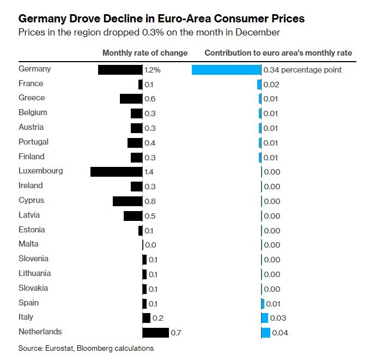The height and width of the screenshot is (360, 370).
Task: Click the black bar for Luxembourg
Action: pos(116,171)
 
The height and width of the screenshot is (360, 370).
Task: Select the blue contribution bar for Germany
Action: pos(227,70)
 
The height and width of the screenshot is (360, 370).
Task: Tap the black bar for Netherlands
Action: pos(156,332)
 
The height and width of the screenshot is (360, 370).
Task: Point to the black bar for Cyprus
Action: pos(128,201)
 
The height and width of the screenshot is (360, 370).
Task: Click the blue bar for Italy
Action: pos(265,317)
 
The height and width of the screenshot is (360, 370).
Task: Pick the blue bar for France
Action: pos(259,85)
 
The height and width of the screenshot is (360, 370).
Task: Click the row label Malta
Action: pos(28,244)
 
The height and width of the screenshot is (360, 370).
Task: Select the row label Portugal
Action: pos(33,142)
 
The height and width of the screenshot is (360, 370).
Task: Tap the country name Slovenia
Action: pos(33,259)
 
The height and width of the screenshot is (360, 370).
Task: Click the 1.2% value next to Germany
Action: pos(153,70)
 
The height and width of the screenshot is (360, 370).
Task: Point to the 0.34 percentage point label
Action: pos(302,70)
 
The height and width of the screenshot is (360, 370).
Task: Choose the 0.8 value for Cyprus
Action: pos(150,201)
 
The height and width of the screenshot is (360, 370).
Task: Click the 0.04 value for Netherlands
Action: pos(280,332)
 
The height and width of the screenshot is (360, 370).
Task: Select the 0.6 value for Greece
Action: pos(150,99)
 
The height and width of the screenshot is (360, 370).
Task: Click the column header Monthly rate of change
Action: pos(145,53)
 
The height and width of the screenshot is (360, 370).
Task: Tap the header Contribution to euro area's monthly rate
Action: pos(278,53)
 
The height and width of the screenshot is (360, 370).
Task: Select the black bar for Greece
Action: pos(131,99)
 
